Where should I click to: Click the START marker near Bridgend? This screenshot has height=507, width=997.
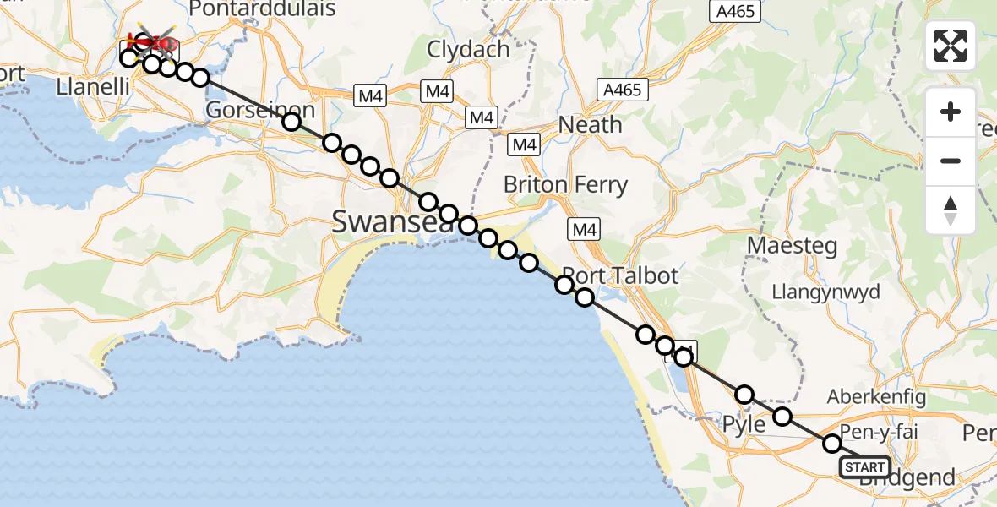[x=864, y=467]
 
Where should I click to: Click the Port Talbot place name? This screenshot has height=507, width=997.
[x=608, y=275]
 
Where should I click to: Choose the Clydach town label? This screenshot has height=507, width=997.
[x=468, y=49]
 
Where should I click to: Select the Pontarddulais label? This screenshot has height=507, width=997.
[x=262, y=9]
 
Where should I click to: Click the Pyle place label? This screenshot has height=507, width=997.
[x=745, y=423]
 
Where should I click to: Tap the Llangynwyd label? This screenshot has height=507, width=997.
[x=825, y=292]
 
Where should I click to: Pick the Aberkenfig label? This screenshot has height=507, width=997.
[x=876, y=396]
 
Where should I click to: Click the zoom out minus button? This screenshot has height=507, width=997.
[x=951, y=161]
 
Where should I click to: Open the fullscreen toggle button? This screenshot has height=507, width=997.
[x=951, y=46]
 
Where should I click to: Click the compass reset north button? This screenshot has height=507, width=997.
[x=951, y=210]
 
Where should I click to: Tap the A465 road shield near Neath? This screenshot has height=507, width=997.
[x=623, y=89]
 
